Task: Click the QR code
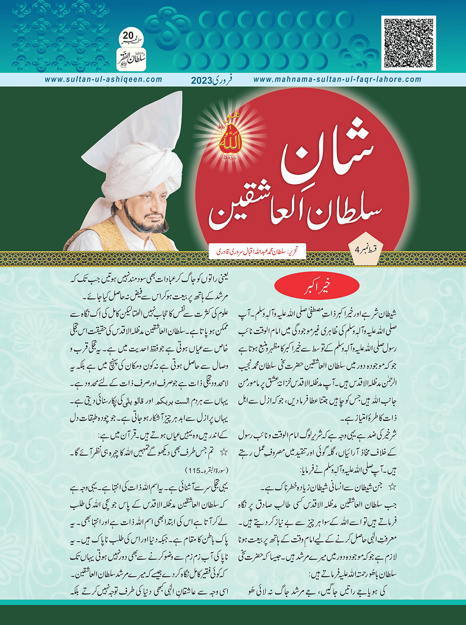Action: tap(408, 43)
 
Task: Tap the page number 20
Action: tap(129, 35)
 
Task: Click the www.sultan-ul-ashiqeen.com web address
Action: tap(104, 79)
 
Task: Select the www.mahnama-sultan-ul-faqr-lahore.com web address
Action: tap(337, 79)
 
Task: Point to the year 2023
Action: tap(202, 80)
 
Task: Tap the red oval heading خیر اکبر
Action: tap(317, 287)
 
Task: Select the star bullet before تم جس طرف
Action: tap(223, 452)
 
